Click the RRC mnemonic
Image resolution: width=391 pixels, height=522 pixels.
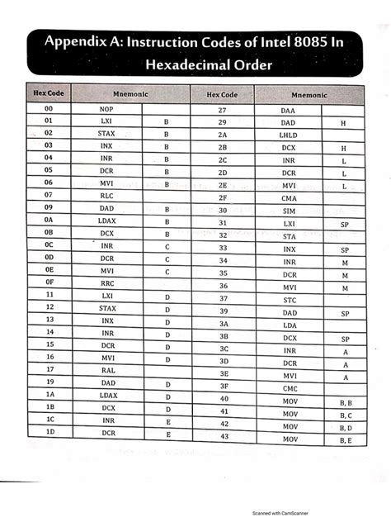pos(108,282)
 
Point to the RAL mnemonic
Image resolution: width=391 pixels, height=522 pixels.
pos(108,369)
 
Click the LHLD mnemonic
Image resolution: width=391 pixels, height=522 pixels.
pos(288,135)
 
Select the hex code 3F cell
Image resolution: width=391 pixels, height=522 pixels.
pos(223,386)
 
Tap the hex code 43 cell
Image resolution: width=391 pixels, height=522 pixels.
pos(223,438)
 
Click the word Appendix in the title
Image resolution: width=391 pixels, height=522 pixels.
pos(79,41)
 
